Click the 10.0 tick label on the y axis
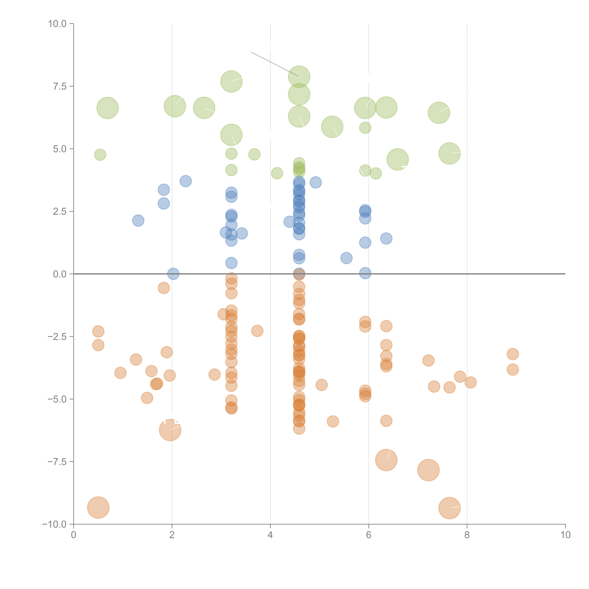pos(57,24)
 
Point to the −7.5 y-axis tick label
pos(57,462)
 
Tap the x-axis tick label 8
pos(467,535)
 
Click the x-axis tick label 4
pos(270,535)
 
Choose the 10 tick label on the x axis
pos(565,535)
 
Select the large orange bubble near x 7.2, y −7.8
pos(428,470)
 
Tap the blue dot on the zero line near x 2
pos(173,274)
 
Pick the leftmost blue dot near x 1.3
pos(138,220)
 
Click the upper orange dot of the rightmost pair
pos(513,354)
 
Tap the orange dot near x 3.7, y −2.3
pos(257,331)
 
